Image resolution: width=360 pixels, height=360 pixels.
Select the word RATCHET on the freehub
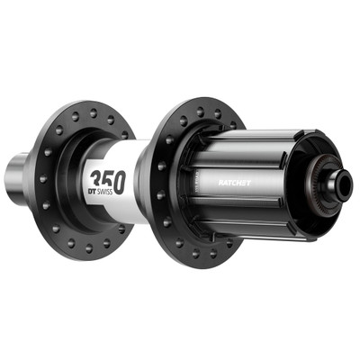coord(234,180)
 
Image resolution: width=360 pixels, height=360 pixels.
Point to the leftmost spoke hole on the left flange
coord(42,179)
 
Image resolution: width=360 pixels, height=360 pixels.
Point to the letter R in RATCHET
coord(219,180)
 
